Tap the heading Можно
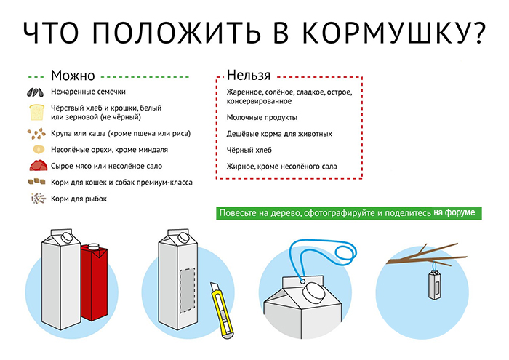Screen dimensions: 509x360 (73, 76)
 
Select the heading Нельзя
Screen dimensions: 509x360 (249, 75)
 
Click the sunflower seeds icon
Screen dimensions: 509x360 (35, 92)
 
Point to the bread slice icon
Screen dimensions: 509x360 (36, 112)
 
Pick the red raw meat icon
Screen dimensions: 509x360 (39, 165)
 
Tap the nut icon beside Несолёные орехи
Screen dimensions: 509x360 (39, 149)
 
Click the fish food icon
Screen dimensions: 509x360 (38, 199)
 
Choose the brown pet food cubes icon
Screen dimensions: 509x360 (36, 182)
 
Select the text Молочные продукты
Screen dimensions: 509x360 (262, 117)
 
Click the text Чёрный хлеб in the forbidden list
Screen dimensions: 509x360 (249, 150)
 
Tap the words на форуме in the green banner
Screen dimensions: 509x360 (454, 212)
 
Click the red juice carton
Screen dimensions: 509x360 (95, 281)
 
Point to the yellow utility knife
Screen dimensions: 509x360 (221, 311)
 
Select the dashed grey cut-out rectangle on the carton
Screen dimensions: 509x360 (188, 290)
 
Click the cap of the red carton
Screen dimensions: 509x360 (94, 246)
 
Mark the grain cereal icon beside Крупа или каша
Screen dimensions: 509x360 (36, 133)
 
